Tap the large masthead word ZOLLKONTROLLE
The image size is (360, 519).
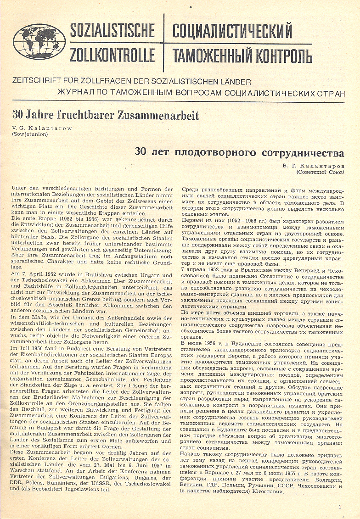[x=112, y=55]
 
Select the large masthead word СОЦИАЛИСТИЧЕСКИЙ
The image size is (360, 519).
[x=232, y=31]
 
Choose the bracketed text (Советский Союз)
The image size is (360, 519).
[x=320, y=173]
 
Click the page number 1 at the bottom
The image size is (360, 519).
[x=340, y=507]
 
